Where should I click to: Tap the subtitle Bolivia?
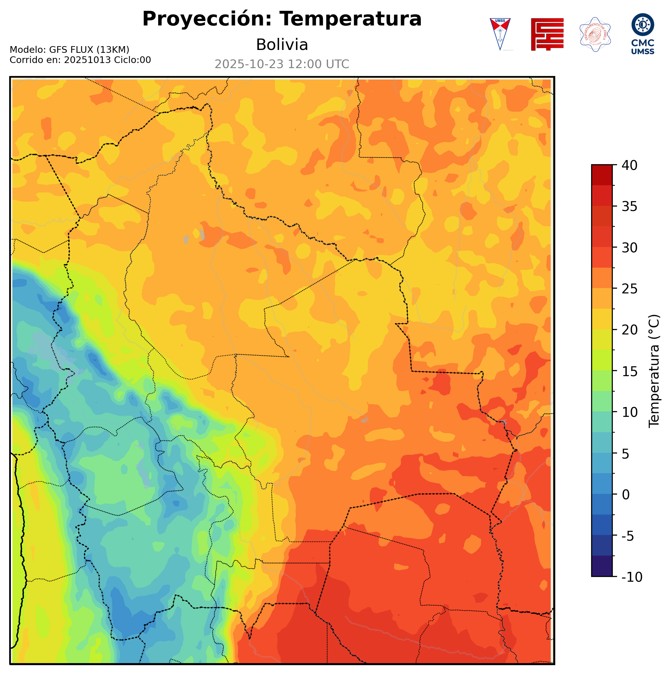click(282, 45)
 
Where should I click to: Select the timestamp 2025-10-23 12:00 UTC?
click(282, 64)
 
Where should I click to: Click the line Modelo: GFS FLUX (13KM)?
click(69, 50)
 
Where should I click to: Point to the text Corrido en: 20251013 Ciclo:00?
click(80, 60)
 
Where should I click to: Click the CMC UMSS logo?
click(642, 34)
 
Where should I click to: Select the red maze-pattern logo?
click(547, 34)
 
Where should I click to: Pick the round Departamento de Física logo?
click(595, 34)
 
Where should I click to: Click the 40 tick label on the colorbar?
click(630, 165)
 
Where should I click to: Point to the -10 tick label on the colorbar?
click(632, 577)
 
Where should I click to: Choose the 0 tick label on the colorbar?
click(626, 495)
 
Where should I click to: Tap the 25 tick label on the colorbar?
click(630, 289)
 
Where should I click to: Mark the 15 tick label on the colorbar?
click(630, 371)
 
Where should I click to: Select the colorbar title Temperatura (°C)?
click(654, 371)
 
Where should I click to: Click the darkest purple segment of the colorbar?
click(602, 566)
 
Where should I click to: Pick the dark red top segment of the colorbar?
click(602, 175)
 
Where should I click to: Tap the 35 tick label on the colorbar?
click(630, 207)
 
